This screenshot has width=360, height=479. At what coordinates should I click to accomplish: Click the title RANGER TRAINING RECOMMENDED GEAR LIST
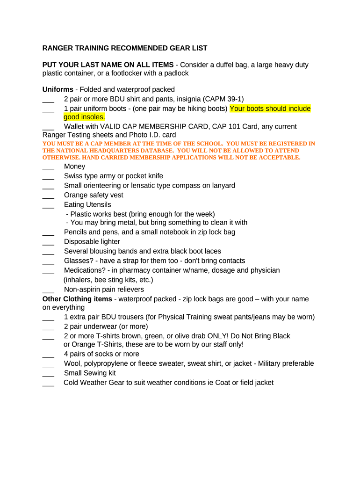(x=124, y=48)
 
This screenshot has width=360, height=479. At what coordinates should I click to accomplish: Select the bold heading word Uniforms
(x=58, y=89)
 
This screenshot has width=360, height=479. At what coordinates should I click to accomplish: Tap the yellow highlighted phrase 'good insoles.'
(x=84, y=117)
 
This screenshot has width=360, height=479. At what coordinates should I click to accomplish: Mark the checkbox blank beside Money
(x=48, y=167)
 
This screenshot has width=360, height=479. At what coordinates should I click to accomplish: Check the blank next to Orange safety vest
(x=48, y=196)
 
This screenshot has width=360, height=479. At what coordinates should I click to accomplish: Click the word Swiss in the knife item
(x=73, y=176)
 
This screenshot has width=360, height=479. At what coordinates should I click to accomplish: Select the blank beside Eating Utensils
(x=48, y=205)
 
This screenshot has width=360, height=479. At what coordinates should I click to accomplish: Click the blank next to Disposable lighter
(x=48, y=242)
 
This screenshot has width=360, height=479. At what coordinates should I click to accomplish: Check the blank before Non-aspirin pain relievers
(x=48, y=290)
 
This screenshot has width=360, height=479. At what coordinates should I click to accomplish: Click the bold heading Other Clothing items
(x=77, y=299)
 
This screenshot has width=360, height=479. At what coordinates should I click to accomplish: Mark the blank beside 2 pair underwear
(x=48, y=327)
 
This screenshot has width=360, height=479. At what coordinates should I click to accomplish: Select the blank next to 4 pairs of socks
(x=48, y=355)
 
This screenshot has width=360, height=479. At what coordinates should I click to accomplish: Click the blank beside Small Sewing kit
(x=48, y=374)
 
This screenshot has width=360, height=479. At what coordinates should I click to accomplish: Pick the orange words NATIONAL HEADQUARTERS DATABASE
(x=109, y=151)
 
